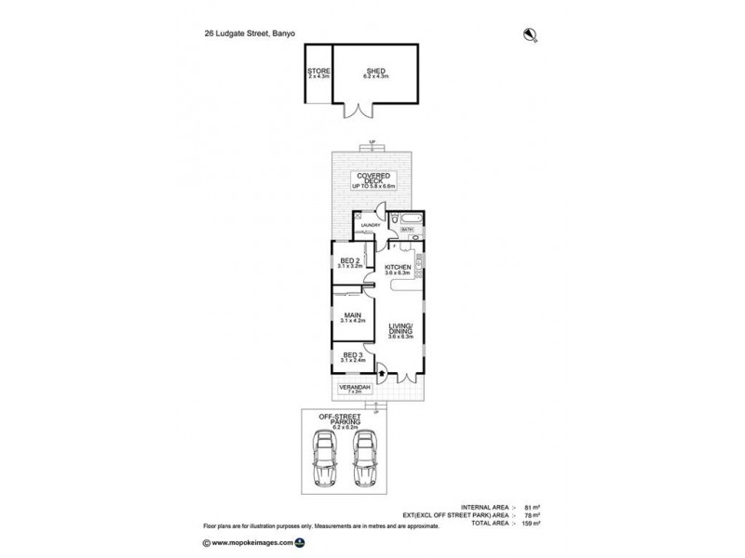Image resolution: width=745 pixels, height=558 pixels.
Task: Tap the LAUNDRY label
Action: (x=372, y=225)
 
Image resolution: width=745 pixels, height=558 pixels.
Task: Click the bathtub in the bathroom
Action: (x=409, y=220)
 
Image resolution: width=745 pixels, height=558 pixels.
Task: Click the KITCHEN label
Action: (x=398, y=269)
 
